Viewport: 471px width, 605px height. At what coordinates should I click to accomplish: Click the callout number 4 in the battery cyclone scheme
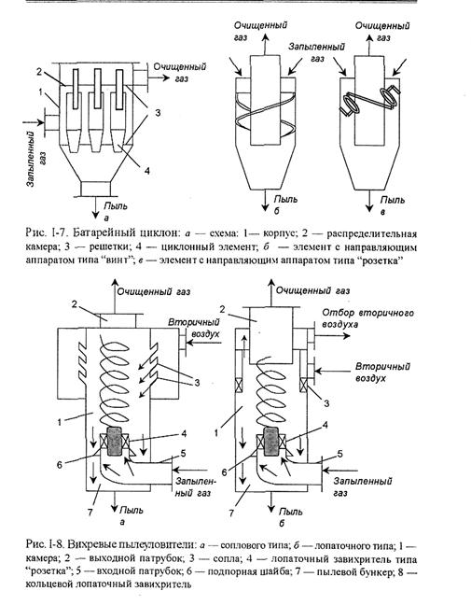pos(147,171)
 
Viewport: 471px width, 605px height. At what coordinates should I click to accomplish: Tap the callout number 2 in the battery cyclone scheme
pos(39,71)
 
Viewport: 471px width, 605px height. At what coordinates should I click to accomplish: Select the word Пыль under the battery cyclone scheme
pos(116,206)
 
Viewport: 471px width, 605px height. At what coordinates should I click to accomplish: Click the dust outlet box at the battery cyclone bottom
pos(95,189)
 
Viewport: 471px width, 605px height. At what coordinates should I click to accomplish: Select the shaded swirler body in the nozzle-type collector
pos(115,441)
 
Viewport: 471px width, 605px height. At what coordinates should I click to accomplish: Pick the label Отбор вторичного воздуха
pos(367,318)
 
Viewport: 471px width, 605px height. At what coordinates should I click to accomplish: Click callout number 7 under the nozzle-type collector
pos(90,512)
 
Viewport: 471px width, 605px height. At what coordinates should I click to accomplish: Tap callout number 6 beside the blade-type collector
pos(224,471)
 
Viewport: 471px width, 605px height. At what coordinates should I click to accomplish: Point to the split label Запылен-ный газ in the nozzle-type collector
pos(194,487)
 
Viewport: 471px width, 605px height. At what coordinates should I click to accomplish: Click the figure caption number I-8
pos(56,545)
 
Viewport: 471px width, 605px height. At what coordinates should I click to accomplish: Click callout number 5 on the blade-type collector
pos(339,454)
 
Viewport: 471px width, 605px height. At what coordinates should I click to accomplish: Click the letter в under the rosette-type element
pos(382,212)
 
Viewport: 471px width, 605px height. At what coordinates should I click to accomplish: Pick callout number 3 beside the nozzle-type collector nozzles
pos(197,383)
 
